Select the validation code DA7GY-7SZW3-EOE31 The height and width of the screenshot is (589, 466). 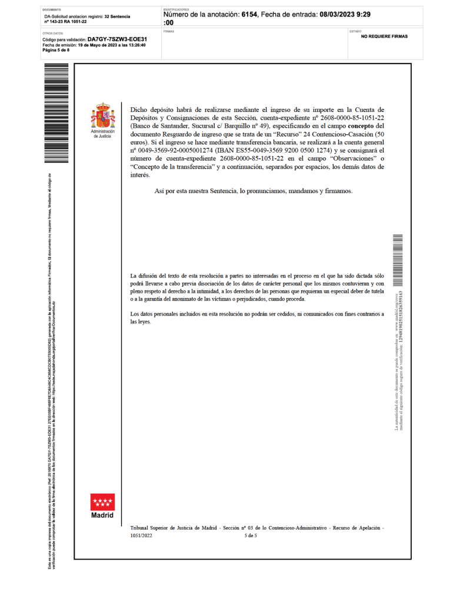click(x=113, y=39)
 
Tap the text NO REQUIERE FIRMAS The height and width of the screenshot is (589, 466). click(x=384, y=37)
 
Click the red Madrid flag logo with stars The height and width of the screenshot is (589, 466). click(x=102, y=502)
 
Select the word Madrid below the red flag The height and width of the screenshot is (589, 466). click(x=102, y=515)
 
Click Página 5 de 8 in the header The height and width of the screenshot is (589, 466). click(x=56, y=50)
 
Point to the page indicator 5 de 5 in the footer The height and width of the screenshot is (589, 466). click(x=251, y=535)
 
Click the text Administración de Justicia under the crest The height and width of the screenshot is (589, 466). click(x=102, y=134)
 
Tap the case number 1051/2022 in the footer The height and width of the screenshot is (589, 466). click(x=141, y=535)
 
